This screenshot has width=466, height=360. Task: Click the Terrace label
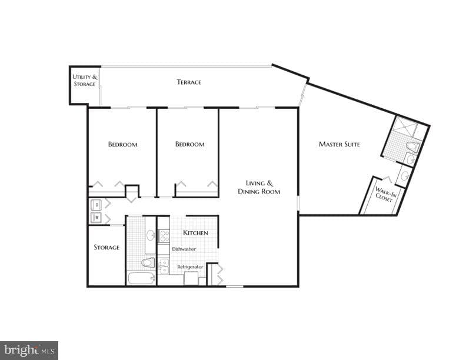189,82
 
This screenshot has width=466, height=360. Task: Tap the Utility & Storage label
85,81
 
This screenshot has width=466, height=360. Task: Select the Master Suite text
339,144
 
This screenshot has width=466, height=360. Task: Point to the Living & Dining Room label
259,188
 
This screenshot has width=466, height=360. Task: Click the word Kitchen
195,232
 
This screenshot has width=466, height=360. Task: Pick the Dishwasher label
184,249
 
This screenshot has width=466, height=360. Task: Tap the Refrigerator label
190,267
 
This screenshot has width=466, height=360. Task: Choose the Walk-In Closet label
385,194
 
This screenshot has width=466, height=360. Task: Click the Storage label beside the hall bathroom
106,248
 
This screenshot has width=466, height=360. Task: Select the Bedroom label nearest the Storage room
123,145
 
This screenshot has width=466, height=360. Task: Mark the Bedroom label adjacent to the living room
189,144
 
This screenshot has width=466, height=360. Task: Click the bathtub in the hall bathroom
141,279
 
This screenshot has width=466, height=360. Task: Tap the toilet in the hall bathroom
148,262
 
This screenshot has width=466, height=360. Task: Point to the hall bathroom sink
151,236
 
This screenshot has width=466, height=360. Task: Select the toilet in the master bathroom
414,146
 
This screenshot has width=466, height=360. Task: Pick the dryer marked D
96,204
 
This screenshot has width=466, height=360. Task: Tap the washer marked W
96,218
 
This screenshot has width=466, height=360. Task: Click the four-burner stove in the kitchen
164,236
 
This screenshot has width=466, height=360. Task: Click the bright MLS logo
29,351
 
